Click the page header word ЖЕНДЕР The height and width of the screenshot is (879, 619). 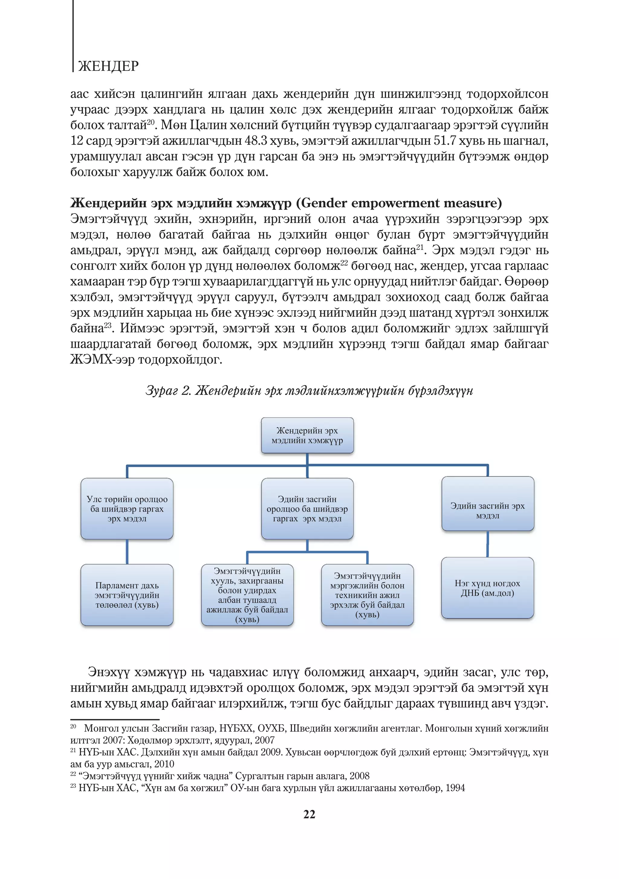[109, 66]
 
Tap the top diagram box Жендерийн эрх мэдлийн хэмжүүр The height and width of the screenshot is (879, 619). [307, 436]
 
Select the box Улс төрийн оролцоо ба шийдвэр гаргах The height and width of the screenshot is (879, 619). [127, 509]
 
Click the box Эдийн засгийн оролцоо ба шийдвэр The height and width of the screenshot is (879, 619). [307, 509]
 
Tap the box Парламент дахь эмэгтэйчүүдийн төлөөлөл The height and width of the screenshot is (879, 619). [127, 595]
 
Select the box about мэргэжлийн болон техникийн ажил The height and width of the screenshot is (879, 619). [367, 595]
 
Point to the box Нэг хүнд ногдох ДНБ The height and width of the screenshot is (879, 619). [487, 588]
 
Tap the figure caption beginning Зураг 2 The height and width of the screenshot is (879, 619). [309, 390]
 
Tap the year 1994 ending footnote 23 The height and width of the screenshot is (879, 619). [455, 788]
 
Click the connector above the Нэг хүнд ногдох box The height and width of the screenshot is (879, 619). [487, 544]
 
